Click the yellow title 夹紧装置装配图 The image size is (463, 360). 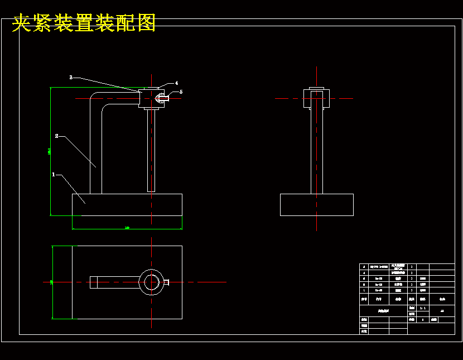[x=84, y=23]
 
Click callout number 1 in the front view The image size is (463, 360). [x=54, y=175]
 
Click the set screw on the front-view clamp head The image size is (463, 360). [x=162, y=99]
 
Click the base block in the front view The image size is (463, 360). [x=127, y=204]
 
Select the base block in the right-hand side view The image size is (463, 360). [x=316, y=204]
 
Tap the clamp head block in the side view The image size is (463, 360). [x=316, y=98]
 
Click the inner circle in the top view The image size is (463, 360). [x=151, y=282]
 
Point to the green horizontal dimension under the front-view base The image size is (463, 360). [x=127, y=228]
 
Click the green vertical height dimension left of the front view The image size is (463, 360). [x=51, y=151]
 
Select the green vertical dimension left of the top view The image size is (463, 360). [x=52, y=282]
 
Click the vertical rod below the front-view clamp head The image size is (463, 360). [x=151, y=151]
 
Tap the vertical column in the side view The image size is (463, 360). [x=316, y=151]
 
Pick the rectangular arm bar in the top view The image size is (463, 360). [x=114, y=282]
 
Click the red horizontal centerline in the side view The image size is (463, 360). [x=290, y=99]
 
